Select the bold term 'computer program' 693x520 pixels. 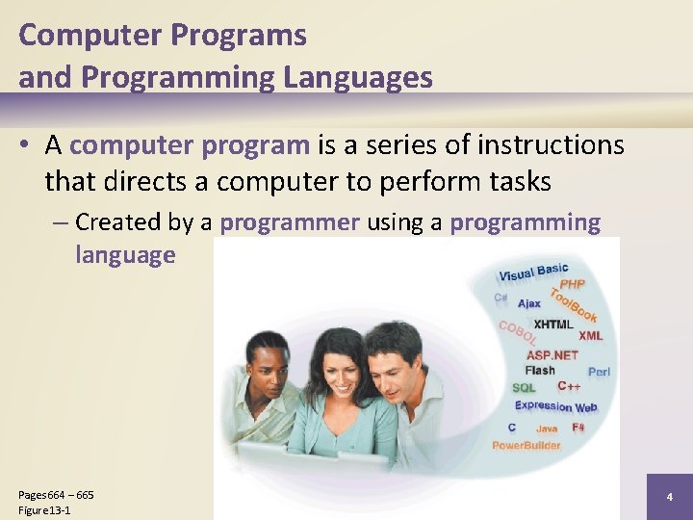click(x=191, y=145)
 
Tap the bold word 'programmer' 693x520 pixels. click(x=290, y=222)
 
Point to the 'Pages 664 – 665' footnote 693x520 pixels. click(x=56, y=495)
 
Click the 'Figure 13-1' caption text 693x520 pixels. click(x=44, y=510)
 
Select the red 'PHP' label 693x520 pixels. click(x=572, y=284)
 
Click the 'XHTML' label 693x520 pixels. click(x=552, y=325)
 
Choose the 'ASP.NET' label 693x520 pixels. click(x=552, y=354)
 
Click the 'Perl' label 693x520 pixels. click(x=598, y=372)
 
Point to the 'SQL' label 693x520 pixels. click(x=524, y=387)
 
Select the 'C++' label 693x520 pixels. click(x=569, y=386)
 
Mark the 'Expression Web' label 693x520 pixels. click(x=555, y=405)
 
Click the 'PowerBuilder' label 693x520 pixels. click(x=526, y=445)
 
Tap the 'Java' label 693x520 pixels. click(x=546, y=429)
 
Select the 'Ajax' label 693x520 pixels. click(x=529, y=303)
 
